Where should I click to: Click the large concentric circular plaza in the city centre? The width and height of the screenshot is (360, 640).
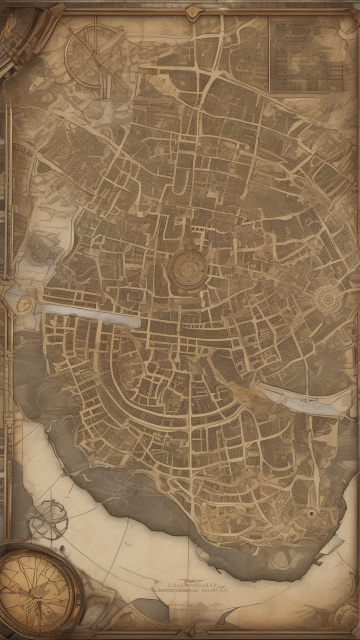pyautogui.click(x=189, y=267)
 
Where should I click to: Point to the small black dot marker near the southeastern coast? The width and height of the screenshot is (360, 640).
pyautogui.click(x=311, y=513)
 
